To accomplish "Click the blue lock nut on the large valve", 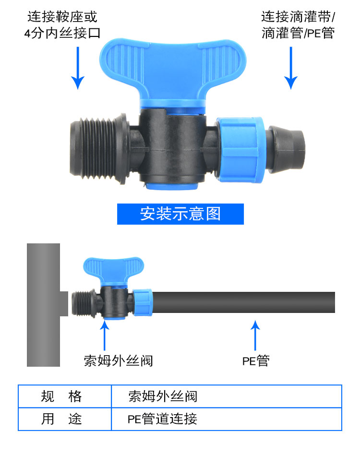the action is click(x=240, y=150).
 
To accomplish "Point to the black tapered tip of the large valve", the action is click(x=286, y=149).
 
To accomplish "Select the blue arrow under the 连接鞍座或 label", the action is click(x=78, y=68).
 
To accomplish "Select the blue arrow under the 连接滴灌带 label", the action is click(x=291, y=68).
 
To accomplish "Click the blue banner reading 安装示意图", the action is click(x=180, y=214).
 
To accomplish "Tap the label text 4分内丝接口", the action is click(x=62, y=33).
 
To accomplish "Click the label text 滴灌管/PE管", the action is click(x=298, y=33).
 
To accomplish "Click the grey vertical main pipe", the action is click(x=43, y=305).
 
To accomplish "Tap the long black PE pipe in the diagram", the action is click(x=243, y=302).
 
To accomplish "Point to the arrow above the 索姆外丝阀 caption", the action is click(x=104, y=335).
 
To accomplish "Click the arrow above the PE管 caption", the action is click(x=255, y=335).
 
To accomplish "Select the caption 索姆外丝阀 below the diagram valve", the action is click(x=119, y=361).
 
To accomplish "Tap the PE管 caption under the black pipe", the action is click(x=256, y=361).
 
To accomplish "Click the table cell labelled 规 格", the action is click(x=64, y=396).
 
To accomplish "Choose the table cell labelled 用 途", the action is click(x=64, y=419).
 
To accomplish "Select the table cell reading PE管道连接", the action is click(x=227, y=419).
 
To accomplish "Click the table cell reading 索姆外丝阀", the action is click(x=227, y=396).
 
